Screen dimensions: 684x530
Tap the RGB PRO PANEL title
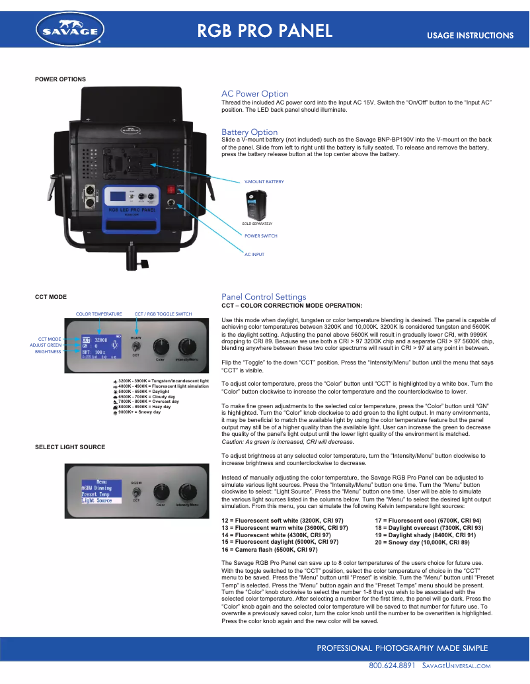tap(264, 30)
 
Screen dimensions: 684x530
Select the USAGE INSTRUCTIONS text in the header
tap(470, 36)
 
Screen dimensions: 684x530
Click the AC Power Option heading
tap(254, 94)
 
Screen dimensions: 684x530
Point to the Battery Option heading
tap(249, 132)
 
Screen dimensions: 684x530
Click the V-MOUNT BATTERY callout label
tap(264, 181)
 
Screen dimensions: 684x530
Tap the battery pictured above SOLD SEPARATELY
tap(257, 204)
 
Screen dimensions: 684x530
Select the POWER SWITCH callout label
tap(260, 235)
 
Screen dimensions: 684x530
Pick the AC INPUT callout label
tap(254, 254)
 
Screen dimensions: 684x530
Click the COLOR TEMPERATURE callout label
tap(99, 314)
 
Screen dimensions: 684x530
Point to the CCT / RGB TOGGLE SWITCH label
tap(163, 314)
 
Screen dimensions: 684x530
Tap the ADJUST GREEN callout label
tap(46, 345)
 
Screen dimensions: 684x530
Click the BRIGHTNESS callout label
tap(48, 352)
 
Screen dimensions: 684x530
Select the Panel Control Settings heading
tap(264, 297)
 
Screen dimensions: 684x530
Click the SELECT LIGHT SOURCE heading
tap(70, 447)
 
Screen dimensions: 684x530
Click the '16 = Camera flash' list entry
tap(270, 549)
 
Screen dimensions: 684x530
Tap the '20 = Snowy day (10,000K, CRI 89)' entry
tap(422, 542)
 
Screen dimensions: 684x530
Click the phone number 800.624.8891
tap(391, 664)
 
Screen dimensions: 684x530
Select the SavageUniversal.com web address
tap(455, 664)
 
